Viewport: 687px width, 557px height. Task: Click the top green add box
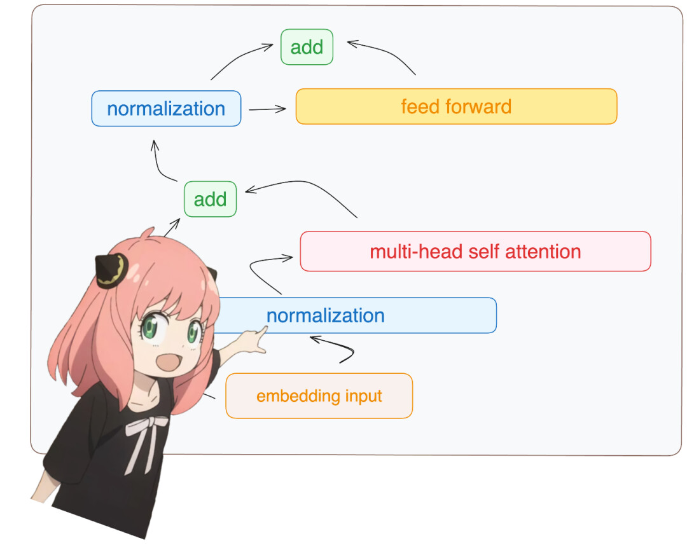tap(307, 47)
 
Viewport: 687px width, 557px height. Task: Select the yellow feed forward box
tap(456, 106)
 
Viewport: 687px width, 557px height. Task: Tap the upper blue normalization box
tap(166, 109)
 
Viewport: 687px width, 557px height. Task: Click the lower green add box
tap(211, 199)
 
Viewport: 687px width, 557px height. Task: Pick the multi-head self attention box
tap(475, 251)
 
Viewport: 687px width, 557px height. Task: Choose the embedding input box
tap(319, 396)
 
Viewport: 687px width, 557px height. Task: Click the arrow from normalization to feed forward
tap(267, 109)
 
